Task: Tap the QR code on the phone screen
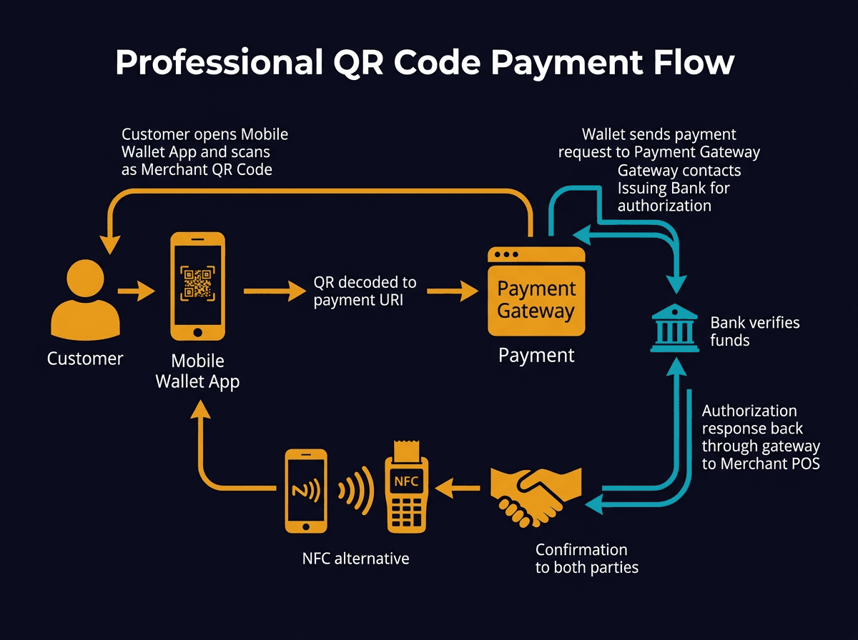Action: point(197,284)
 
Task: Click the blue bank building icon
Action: point(674,328)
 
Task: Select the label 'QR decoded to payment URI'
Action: point(365,291)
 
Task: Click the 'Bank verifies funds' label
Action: point(754,331)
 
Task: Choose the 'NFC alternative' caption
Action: point(355,558)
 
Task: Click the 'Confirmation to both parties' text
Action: point(586,559)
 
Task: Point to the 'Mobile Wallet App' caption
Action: point(197,371)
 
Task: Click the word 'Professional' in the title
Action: point(218,63)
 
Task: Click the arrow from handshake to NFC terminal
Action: point(458,489)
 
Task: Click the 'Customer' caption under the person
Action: point(85,358)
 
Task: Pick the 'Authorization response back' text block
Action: point(760,436)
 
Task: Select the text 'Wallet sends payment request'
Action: point(659,143)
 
